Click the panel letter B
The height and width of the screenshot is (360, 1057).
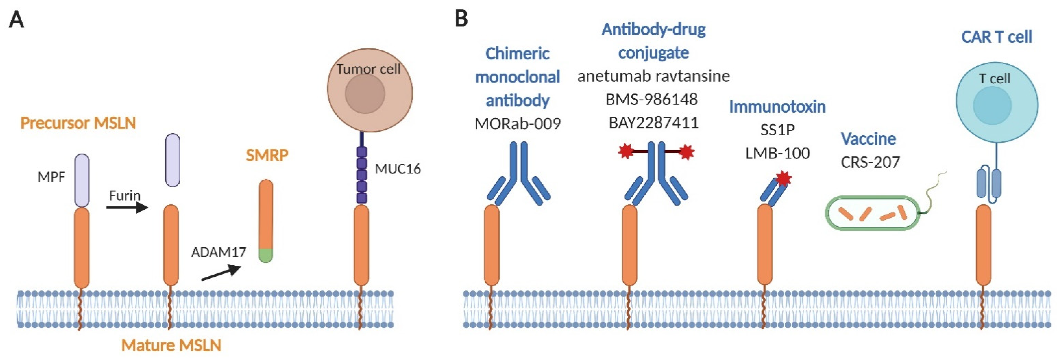click(x=461, y=19)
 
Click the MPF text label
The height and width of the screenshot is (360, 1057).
click(x=51, y=177)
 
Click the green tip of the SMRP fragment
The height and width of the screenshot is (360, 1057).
click(x=266, y=255)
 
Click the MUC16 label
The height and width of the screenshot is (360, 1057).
click(x=398, y=169)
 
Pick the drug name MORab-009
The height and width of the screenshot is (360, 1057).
click(x=517, y=124)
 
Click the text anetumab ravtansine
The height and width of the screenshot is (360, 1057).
click(x=653, y=76)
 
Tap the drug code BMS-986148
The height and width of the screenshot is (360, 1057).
click(x=652, y=99)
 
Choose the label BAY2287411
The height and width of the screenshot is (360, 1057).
click(x=653, y=123)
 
